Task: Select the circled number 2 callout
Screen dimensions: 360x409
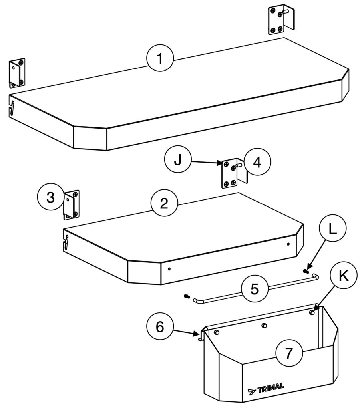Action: click(x=164, y=203)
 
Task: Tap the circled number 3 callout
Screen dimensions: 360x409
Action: click(x=51, y=197)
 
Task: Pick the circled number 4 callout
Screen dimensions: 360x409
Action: click(x=257, y=162)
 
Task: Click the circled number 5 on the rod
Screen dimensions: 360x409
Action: click(x=255, y=289)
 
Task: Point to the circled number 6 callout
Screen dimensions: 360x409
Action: click(x=160, y=326)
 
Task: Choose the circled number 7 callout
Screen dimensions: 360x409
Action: click(x=289, y=353)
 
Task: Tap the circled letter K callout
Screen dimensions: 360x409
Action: click(x=344, y=275)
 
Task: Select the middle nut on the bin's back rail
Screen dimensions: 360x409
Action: click(x=264, y=325)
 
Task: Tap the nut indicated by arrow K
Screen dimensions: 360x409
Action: click(x=311, y=312)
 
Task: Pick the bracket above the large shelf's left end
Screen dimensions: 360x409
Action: click(x=17, y=73)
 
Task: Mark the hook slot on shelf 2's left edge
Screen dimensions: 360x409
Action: click(x=66, y=242)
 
